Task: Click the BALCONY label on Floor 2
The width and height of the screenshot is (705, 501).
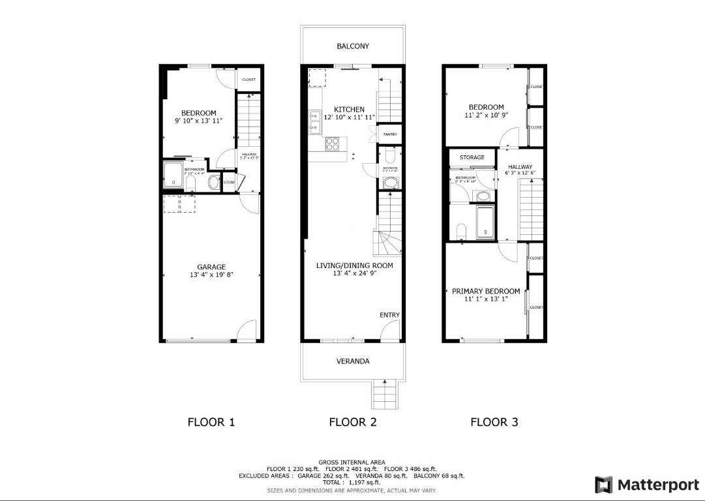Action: (x=353, y=46)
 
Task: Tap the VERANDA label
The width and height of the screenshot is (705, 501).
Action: (x=353, y=361)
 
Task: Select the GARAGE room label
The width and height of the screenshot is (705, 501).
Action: (x=212, y=267)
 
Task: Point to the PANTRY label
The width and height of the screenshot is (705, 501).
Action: (x=390, y=134)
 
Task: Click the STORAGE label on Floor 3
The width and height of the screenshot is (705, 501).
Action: (x=472, y=158)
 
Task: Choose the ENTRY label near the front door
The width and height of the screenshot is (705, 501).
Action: (x=389, y=315)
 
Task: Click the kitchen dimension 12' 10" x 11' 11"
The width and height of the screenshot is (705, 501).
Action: (x=350, y=117)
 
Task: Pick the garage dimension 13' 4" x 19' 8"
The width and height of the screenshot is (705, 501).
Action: (x=212, y=275)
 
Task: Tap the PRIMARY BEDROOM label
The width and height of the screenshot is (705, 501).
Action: (x=486, y=291)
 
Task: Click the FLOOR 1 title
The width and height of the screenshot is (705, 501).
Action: (x=211, y=422)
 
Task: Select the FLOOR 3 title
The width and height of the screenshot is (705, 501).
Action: (x=494, y=422)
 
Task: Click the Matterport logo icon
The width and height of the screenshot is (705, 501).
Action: (x=603, y=485)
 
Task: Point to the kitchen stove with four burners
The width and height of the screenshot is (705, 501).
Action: (x=333, y=143)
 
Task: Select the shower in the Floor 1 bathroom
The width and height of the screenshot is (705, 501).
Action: (x=173, y=175)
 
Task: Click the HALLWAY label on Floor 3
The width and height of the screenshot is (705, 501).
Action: (x=520, y=167)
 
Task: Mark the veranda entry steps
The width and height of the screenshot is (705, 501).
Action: (x=385, y=395)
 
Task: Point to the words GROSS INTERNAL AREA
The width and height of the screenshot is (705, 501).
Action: (x=352, y=462)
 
